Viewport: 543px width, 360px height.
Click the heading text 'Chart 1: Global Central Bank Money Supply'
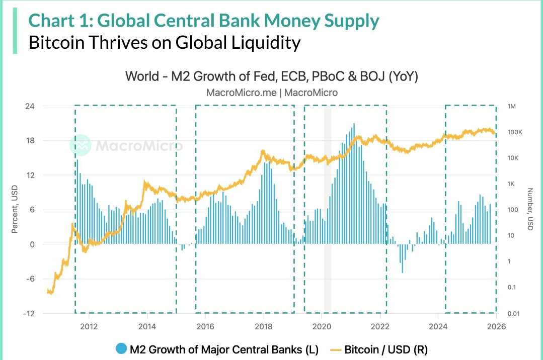click(x=204, y=21)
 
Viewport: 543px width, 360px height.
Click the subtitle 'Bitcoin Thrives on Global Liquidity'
click(x=164, y=42)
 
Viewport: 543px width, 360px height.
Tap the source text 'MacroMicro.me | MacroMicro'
click(x=272, y=93)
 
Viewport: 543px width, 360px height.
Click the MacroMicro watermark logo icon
click(x=80, y=145)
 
